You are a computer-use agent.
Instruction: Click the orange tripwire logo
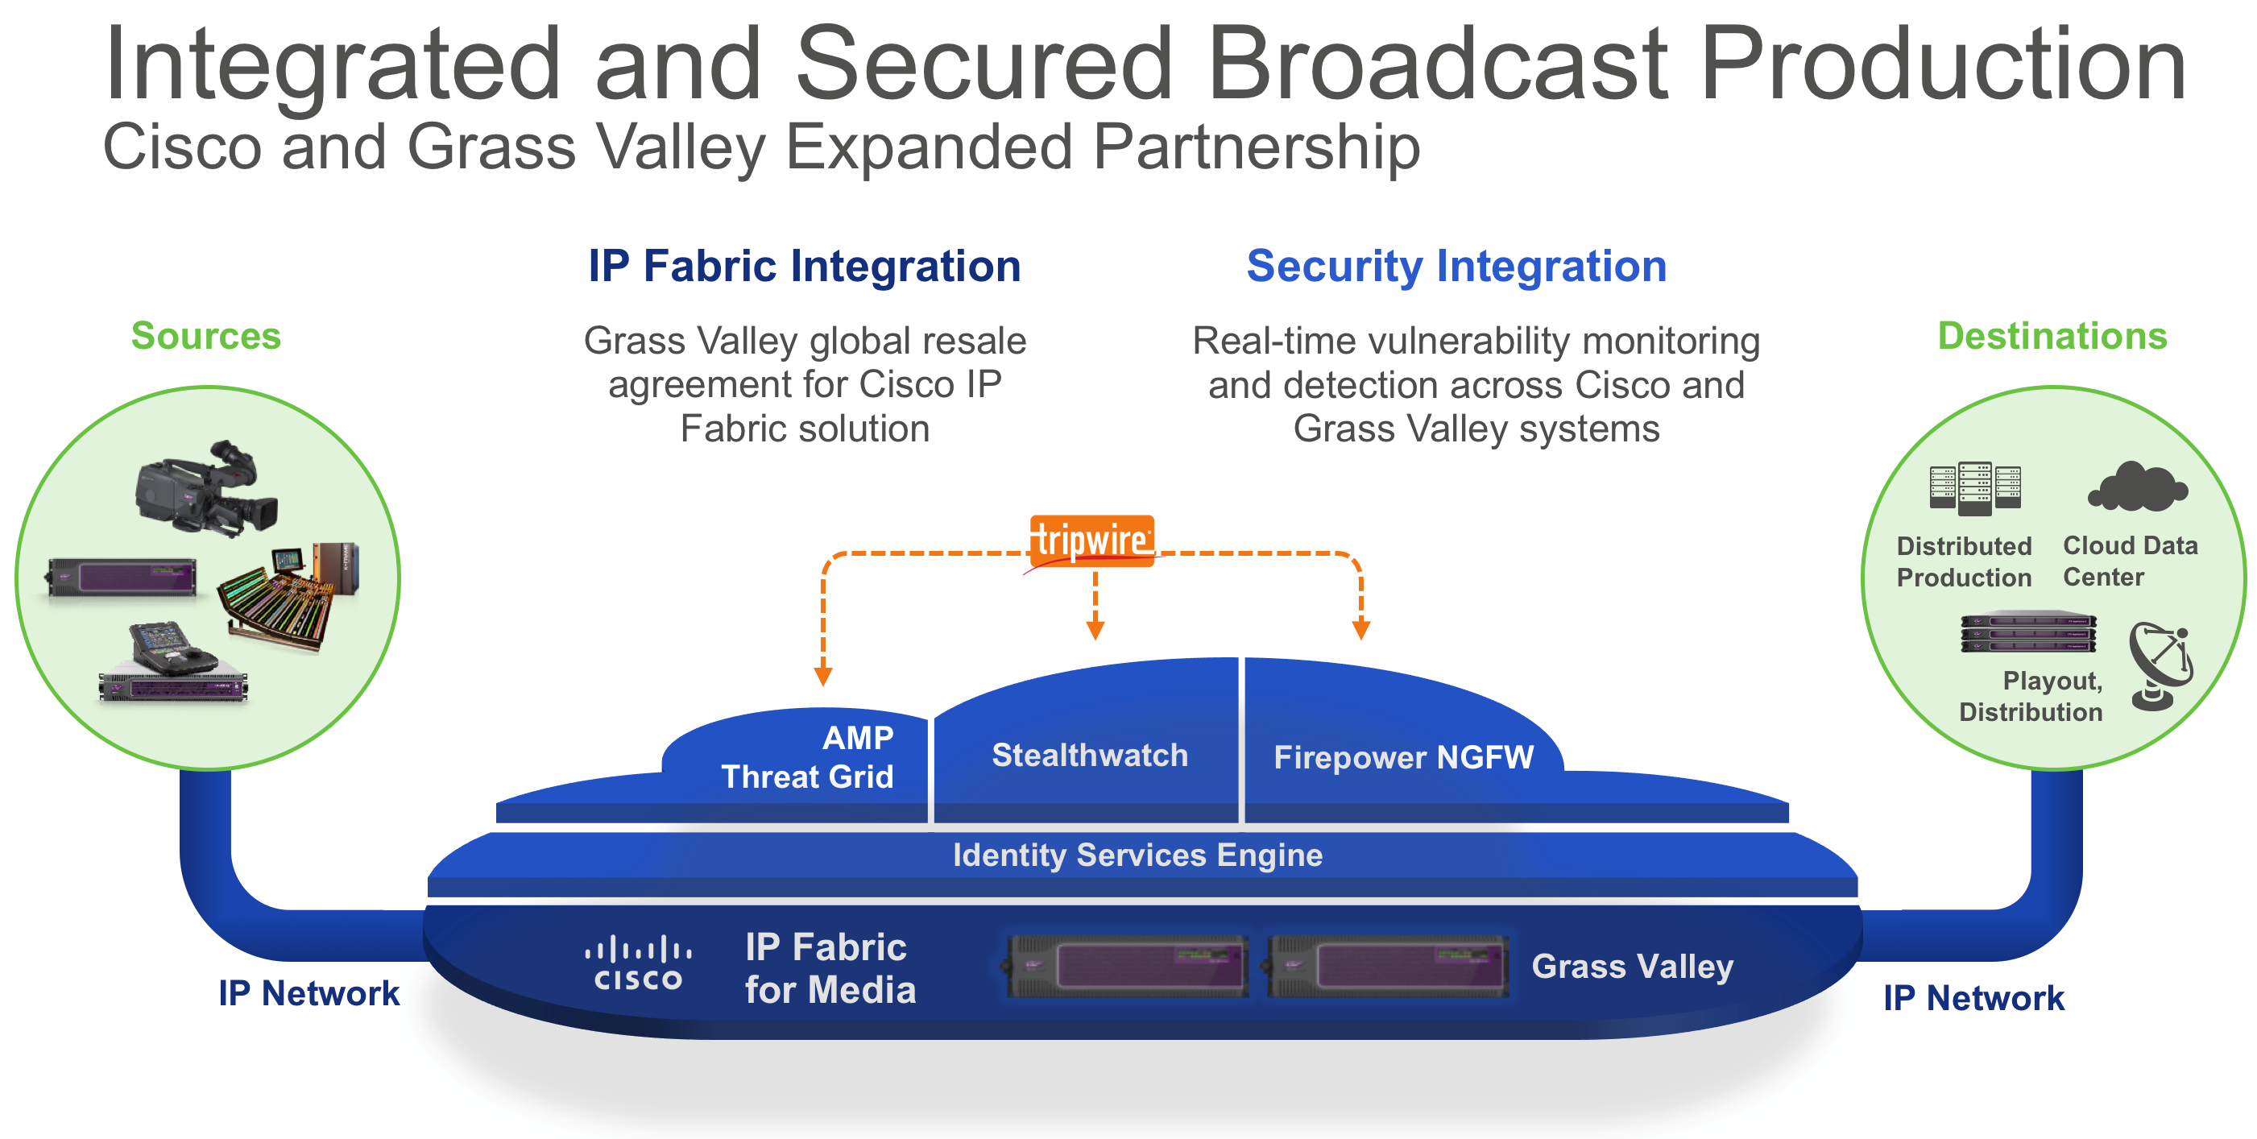[x=1091, y=541]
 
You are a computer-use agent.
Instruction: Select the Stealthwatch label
[x=1089, y=756]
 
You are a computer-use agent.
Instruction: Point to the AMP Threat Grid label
[x=807, y=757]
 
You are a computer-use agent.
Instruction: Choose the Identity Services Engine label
[x=1137, y=855]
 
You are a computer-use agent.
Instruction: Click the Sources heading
[x=206, y=336]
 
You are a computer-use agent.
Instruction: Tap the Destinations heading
[x=2052, y=336]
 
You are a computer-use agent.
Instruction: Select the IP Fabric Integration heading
[x=805, y=267]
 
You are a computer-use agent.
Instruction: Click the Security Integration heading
[x=1456, y=267]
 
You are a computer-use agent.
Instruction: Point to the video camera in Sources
[x=207, y=488]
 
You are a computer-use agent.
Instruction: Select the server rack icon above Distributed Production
[x=1975, y=487]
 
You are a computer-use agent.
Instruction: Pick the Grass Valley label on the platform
[x=1632, y=967]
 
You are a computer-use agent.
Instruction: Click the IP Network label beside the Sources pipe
[x=309, y=993]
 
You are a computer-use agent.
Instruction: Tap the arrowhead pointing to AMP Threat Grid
[x=822, y=677]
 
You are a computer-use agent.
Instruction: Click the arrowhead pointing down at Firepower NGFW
[x=1360, y=629]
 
